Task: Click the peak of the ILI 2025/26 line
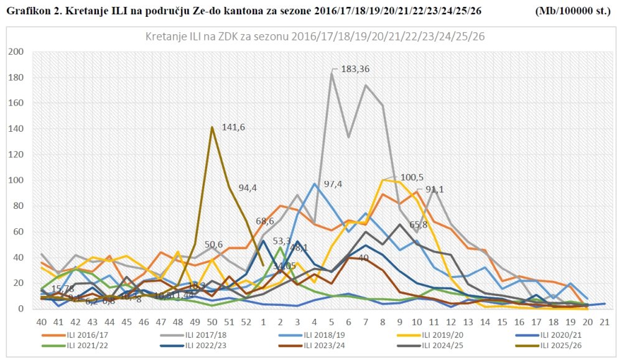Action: pyautogui.click(x=212, y=127)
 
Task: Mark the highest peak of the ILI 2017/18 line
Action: pyautogui.click(x=332, y=73)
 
